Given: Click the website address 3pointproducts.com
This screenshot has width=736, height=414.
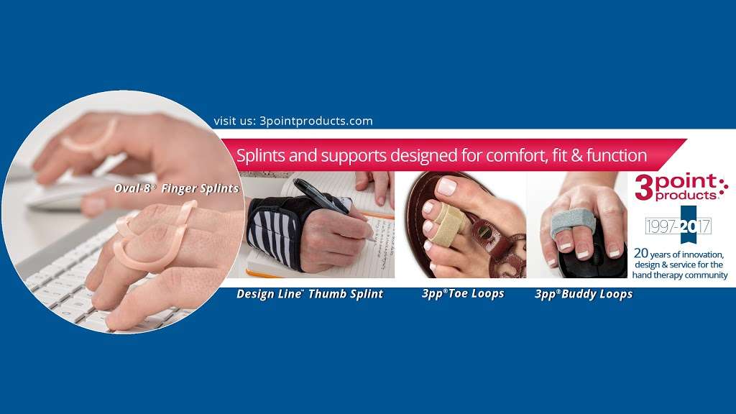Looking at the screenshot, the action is pos(316,121).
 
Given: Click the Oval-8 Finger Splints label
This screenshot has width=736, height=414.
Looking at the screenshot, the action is pos(177,189).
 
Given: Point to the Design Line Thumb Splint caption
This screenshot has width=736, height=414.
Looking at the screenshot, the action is pos(310,294).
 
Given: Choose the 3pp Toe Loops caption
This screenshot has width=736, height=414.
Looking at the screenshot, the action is pos(463,294).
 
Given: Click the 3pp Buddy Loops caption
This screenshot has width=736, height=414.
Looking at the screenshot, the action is pos(584,294).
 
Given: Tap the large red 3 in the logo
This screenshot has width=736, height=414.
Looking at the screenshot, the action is pos(644,188).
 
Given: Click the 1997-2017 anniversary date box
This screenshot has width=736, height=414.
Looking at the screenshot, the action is pos(678,226).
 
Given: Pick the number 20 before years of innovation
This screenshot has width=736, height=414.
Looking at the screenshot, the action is pos(640,254).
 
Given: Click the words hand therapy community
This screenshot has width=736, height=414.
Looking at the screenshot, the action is pos(680,275).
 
